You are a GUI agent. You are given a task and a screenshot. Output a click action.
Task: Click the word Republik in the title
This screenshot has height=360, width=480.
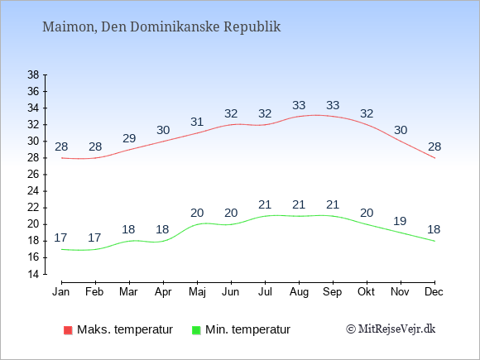click(x=252, y=27)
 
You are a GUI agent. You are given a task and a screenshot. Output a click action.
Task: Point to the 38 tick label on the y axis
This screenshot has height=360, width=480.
click(x=33, y=74)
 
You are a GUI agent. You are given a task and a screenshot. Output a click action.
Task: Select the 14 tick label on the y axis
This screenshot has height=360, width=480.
click(x=33, y=274)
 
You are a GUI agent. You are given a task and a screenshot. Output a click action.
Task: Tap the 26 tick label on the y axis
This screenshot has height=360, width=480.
click(x=33, y=175)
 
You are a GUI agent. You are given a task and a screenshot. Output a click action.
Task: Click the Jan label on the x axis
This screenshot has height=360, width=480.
click(x=61, y=292)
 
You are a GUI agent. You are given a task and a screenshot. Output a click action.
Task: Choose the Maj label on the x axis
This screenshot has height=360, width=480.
click(x=197, y=292)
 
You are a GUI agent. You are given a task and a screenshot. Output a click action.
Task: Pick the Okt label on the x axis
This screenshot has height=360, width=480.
click(x=366, y=292)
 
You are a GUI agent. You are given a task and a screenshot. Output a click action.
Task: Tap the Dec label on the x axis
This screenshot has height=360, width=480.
click(x=434, y=292)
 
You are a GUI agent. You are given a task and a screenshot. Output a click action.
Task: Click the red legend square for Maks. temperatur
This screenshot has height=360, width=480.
click(x=68, y=330)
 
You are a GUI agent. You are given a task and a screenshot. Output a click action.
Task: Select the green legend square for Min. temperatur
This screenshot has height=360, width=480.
click(x=196, y=330)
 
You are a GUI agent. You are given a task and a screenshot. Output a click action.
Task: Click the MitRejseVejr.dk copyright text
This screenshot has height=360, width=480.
click(x=391, y=329)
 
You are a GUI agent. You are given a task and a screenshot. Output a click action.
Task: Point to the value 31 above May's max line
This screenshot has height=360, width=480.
click(x=197, y=122)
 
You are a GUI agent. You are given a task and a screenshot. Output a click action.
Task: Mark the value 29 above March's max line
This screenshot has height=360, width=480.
click(x=129, y=138)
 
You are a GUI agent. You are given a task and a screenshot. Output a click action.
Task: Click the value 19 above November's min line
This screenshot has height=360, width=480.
click(x=400, y=221)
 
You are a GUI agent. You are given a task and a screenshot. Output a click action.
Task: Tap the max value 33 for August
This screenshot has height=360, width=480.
click(x=299, y=105)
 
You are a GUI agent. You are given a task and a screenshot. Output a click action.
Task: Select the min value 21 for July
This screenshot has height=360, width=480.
click(x=265, y=204)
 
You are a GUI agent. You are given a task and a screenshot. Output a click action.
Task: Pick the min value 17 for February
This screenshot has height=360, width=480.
click(x=94, y=238)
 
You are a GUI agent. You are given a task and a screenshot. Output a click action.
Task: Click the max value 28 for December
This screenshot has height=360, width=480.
click(x=434, y=146)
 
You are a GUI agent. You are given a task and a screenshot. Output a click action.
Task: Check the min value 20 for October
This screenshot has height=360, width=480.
click(x=367, y=213)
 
